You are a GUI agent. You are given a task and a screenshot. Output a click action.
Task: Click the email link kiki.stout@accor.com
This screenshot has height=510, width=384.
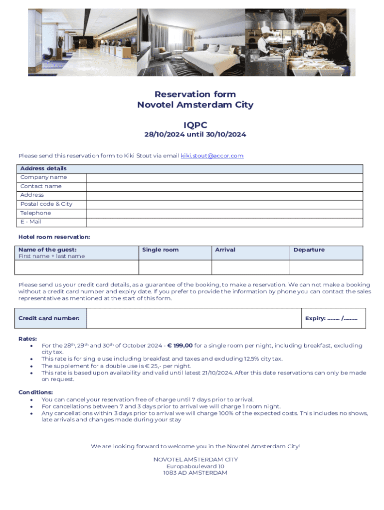coord(212,156)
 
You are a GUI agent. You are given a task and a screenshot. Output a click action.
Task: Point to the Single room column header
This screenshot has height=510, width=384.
coord(160,250)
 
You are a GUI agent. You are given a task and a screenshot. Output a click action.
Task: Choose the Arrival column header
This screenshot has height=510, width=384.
coord(225,250)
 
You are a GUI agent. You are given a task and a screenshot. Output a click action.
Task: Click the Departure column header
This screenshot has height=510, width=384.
coord(309,250)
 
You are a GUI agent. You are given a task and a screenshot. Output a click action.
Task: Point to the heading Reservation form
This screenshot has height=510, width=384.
coord(195,94)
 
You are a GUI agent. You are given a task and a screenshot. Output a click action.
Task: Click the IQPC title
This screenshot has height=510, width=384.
coord(195,125)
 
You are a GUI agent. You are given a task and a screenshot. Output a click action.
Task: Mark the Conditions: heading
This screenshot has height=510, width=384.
coord(35,392)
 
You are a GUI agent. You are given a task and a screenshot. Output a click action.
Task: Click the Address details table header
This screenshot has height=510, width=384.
coord(43,169)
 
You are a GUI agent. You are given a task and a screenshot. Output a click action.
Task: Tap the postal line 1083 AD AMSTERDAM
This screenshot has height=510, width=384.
coord(195,473)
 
